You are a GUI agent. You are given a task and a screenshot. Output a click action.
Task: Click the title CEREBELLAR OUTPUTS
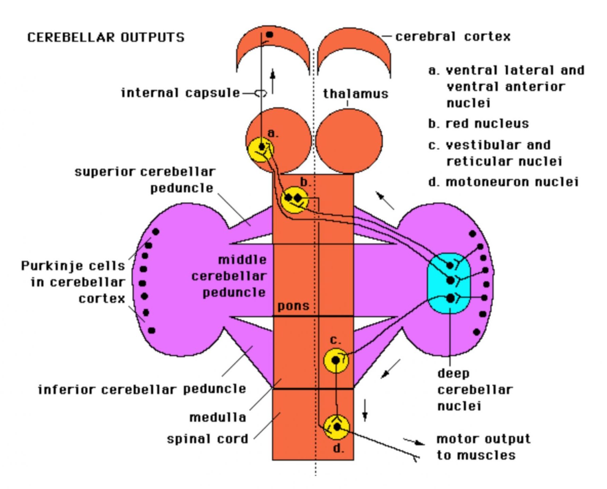click(x=106, y=37)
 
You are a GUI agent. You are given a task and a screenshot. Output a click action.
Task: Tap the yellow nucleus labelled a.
click(x=260, y=149)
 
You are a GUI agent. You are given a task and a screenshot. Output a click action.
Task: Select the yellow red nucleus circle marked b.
click(x=294, y=200)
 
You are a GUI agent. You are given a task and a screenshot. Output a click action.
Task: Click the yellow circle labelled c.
click(x=336, y=360)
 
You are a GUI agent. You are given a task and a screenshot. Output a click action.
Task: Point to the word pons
click(x=293, y=306)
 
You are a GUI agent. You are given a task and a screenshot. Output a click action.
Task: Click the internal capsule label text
click(x=181, y=93)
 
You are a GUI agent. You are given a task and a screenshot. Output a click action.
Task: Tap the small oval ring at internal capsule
click(x=261, y=92)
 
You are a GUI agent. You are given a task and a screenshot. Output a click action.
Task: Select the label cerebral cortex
click(x=453, y=36)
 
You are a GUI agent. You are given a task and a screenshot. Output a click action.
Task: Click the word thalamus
click(x=355, y=94)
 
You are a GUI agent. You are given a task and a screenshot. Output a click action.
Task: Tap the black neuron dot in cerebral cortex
click(x=270, y=34)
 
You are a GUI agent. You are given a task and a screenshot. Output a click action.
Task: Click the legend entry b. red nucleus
click(x=478, y=123)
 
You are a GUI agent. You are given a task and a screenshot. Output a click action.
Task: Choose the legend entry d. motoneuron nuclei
click(x=503, y=182)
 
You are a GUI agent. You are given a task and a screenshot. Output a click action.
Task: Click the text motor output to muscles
click(x=483, y=447)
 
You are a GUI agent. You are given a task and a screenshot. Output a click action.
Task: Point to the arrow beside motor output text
click(x=414, y=442)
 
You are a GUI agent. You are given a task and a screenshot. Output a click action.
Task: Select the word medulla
click(x=218, y=417)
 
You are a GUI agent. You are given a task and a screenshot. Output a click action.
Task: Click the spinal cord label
click(x=207, y=439)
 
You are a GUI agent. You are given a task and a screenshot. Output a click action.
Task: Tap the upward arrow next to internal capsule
click(x=273, y=81)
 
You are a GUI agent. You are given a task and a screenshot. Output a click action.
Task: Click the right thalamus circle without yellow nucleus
click(x=349, y=141)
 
